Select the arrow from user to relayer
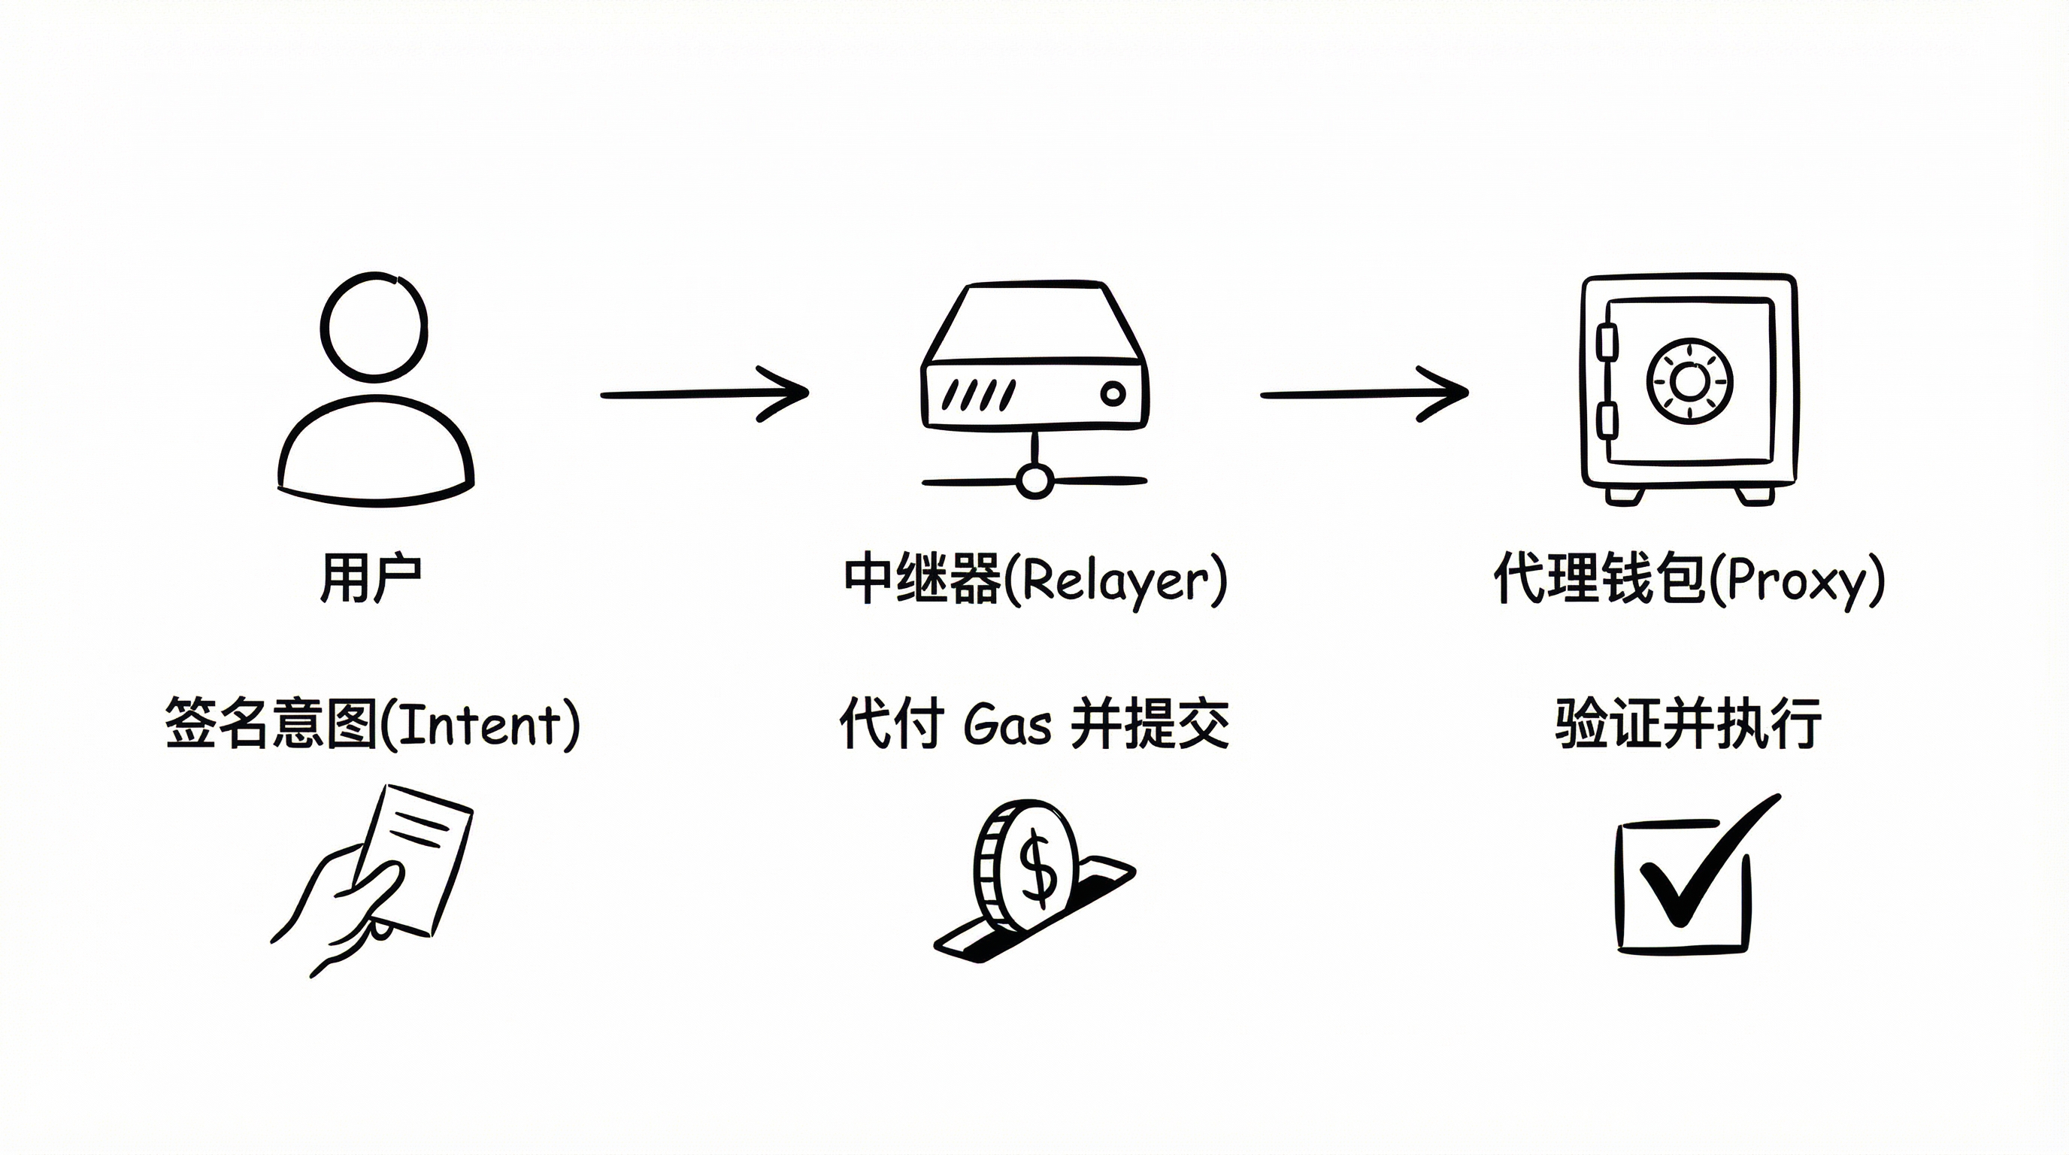point(704,393)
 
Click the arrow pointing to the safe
point(1363,393)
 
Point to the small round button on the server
point(1113,393)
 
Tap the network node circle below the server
point(1034,481)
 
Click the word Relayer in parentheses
point(1115,580)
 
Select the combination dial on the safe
point(1689,380)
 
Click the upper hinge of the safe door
point(1607,341)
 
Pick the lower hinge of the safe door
point(1607,420)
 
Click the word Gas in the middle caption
point(1007,724)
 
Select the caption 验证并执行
point(1688,724)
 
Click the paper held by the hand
point(418,859)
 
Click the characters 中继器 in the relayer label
point(922,578)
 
